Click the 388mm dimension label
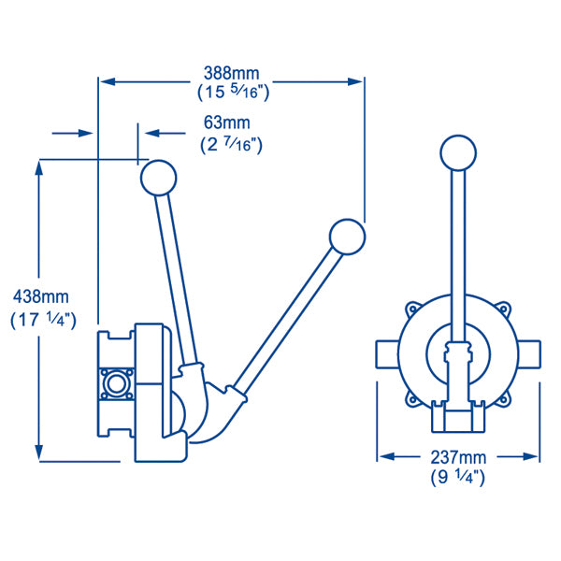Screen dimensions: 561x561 tap(232, 72)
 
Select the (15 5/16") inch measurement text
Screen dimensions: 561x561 tap(232, 93)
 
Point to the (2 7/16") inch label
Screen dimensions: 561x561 tap(231, 144)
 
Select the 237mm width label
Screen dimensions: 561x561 tap(459, 457)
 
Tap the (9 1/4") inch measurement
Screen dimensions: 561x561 tap(459, 477)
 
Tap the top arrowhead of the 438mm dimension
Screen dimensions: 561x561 tap(39, 167)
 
